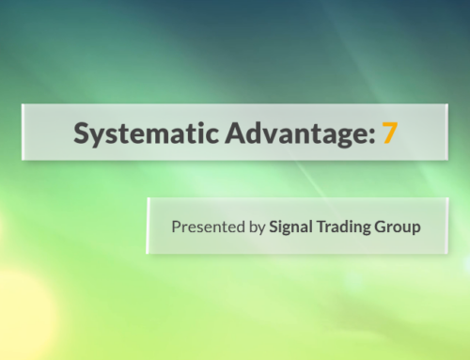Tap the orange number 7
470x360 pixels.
pos(389,133)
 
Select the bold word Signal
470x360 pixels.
pos(292,227)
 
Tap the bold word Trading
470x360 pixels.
pos(349,227)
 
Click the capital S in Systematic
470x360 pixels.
pos(83,133)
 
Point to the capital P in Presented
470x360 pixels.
pos(176,227)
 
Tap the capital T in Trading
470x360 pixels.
pos(325,227)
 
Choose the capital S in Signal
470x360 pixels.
pos(274,227)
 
